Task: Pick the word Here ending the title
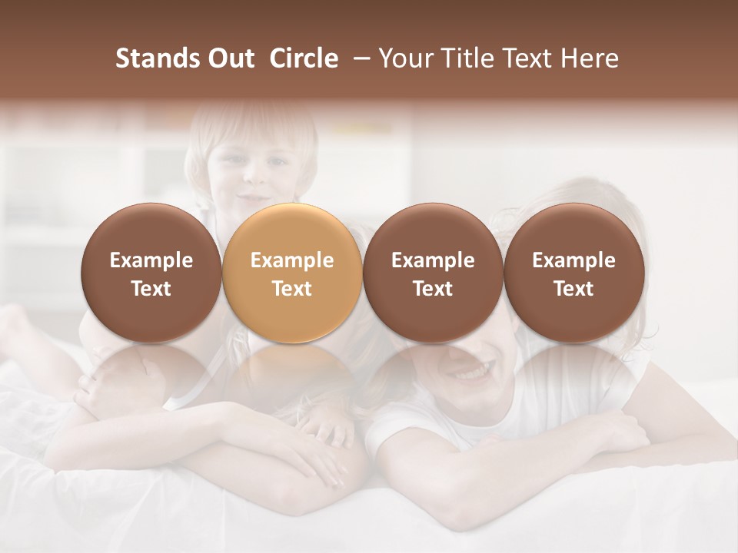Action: coord(591,58)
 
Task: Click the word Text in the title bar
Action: coord(529,58)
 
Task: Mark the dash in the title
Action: coord(358,58)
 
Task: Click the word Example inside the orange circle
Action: coord(291,260)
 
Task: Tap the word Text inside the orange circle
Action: coord(291,289)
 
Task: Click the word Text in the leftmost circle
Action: coord(151,289)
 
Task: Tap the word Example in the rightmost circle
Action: coord(573,260)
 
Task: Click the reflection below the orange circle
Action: coord(291,376)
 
